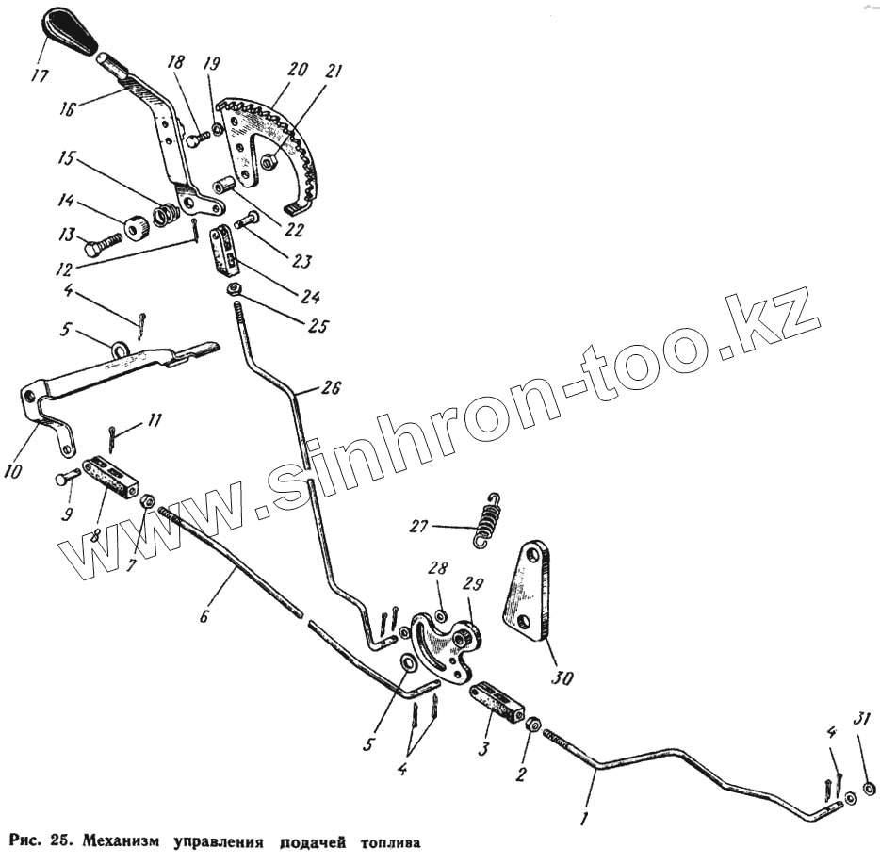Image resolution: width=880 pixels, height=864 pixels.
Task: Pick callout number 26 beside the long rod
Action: [330, 387]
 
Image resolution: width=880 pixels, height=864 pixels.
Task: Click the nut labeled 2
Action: [532, 726]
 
